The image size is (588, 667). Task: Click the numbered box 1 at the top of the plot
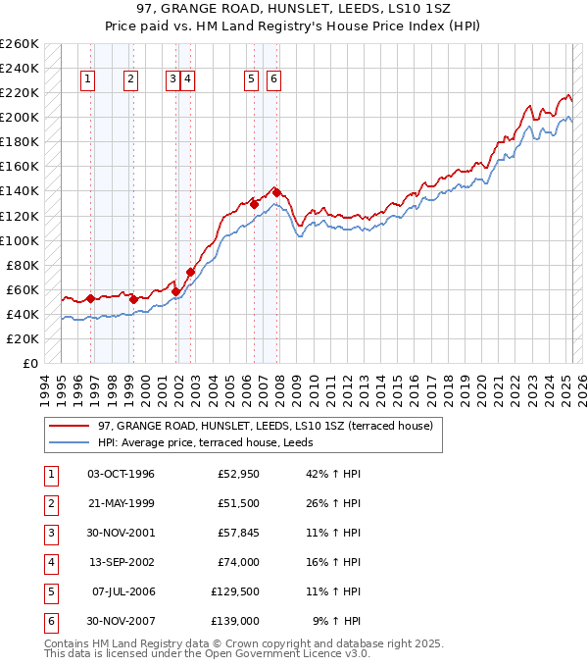click(88, 79)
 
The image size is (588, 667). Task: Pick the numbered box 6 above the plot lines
click(273, 79)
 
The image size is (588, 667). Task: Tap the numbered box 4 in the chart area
click(187, 79)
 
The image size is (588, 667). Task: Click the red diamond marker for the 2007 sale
click(277, 192)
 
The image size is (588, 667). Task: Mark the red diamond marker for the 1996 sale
click(90, 298)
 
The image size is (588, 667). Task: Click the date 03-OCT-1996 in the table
click(121, 474)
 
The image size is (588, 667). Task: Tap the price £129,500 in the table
click(236, 591)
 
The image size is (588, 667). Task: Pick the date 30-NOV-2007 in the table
click(121, 621)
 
